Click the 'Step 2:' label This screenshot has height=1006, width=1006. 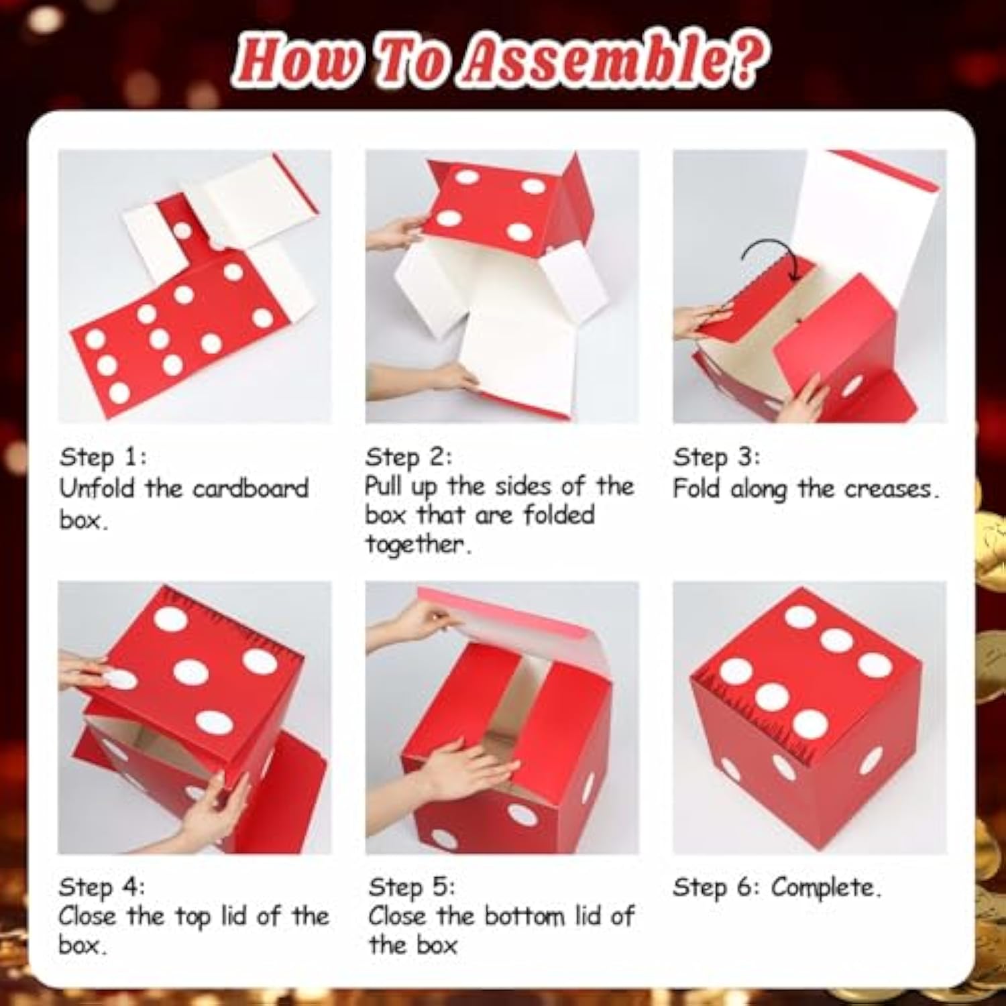(408, 457)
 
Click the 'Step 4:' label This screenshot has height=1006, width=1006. (101, 887)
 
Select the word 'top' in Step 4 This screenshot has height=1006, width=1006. (191, 916)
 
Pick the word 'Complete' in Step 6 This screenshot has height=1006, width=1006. (824, 887)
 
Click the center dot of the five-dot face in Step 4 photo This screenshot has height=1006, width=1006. (190, 671)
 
